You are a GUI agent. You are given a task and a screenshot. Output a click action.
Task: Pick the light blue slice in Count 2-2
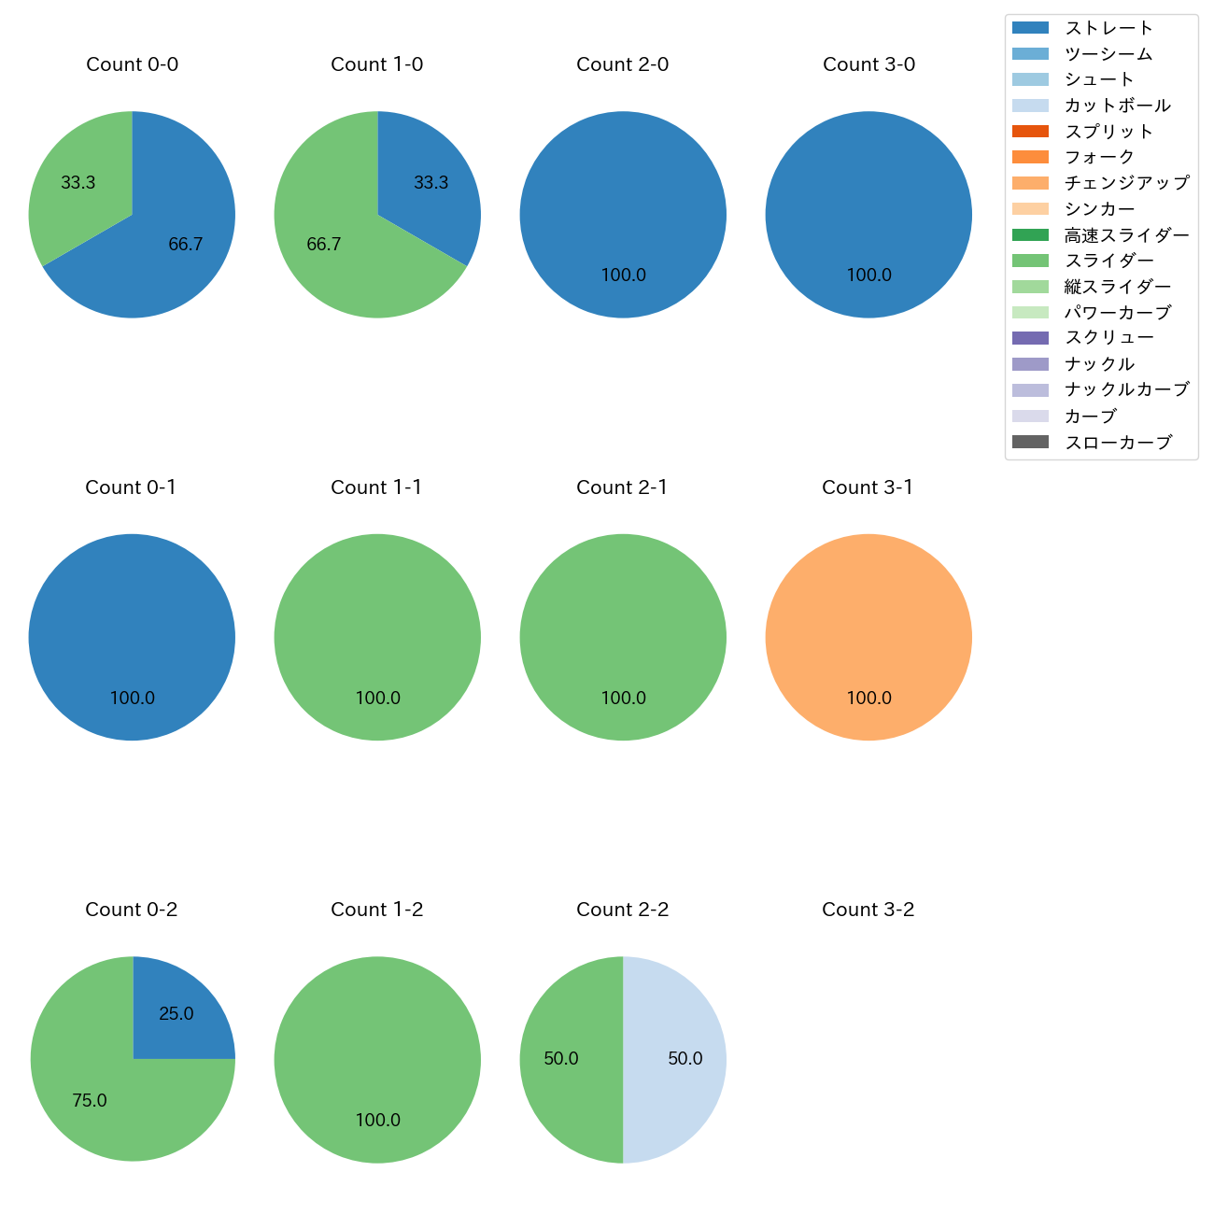(677, 1059)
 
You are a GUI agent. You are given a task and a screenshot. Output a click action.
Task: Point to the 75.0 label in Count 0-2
(90, 1101)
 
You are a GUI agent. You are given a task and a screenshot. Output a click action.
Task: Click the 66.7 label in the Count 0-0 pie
(186, 245)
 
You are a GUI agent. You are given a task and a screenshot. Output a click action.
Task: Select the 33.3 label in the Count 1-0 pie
(431, 183)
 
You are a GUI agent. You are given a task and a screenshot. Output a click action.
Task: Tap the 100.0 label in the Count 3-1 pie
(868, 699)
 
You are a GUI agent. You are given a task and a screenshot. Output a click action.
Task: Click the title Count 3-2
(868, 910)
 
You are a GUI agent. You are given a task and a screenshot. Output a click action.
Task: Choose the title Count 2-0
(622, 64)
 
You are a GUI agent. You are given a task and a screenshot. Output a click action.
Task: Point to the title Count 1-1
(376, 487)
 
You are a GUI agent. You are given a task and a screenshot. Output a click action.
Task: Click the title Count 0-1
(131, 487)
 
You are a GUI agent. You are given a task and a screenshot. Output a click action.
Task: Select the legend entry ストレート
(1108, 28)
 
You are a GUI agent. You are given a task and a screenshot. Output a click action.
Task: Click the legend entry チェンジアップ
(1126, 183)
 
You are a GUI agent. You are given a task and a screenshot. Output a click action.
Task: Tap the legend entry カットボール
(1117, 106)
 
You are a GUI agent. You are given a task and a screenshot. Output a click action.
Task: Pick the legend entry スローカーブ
(1118, 443)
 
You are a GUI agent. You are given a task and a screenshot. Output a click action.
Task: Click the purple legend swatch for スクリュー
(1030, 338)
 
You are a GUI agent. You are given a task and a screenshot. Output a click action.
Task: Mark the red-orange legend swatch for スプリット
(1030, 132)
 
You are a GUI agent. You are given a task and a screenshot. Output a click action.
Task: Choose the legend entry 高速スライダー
(1126, 235)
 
